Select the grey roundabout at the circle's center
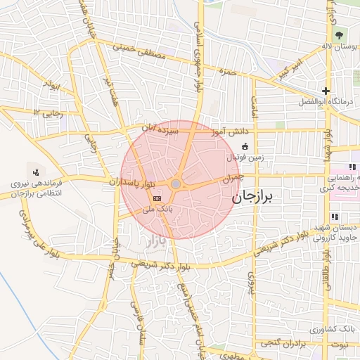(x=176, y=184)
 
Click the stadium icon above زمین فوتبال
(x=245, y=146)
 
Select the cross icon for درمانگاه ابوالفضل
(x=326, y=91)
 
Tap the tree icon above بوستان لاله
(x=340, y=34)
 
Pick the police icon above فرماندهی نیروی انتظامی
(x=35, y=171)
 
